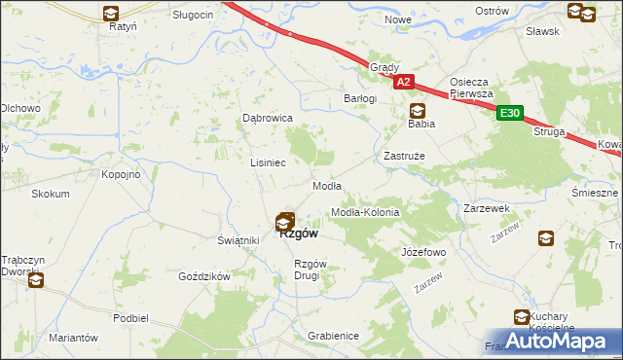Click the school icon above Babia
418,110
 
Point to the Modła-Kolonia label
366,211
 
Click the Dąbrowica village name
268,118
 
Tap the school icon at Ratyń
111,14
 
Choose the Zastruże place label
404,156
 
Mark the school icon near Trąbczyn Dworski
36,281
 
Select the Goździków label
203,276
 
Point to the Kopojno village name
122,174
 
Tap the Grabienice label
333,336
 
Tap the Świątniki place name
237,240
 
